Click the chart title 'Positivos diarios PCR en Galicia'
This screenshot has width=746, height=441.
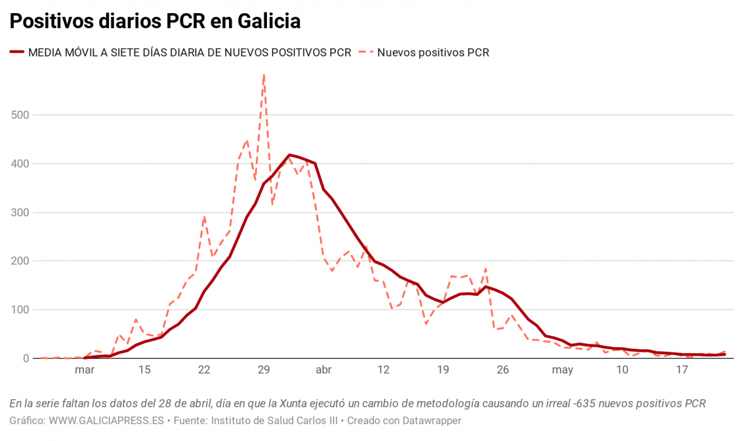pyautogui.click(x=155, y=21)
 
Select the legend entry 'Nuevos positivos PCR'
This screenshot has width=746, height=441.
pyautogui.click(x=433, y=53)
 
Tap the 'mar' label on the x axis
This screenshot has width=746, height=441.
pyautogui.click(x=84, y=370)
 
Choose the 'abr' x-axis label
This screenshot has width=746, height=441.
pyautogui.click(x=324, y=370)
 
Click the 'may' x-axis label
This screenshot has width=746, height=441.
pyautogui.click(x=562, y=370)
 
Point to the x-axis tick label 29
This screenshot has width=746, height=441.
pyautogui.click(x=264, y=370)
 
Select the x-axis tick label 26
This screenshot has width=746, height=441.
pyautogui.click(x=503, y=370)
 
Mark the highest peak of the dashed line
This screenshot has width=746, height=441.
pyautogui.click(x=264, y=75)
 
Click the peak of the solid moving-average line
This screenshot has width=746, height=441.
pyautogui.click(x=289, y=155)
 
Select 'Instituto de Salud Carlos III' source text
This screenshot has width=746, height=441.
pyautogui.click(x=274, y=421)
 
